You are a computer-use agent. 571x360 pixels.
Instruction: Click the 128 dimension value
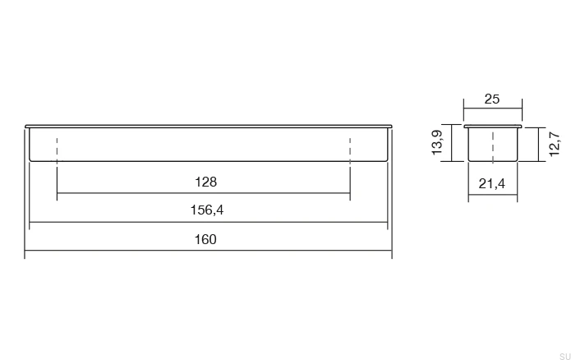tap(205, 182)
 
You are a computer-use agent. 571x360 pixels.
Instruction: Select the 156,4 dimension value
tap(207, 210)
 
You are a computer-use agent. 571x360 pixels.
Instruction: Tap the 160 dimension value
tap(205, 239)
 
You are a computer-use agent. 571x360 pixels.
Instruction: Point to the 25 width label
tap(492, 99)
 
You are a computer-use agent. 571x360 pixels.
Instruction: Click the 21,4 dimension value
tap(491, 183)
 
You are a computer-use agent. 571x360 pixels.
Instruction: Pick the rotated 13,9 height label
tap(436, 142)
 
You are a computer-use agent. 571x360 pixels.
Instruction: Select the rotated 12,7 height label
tap(554, 145)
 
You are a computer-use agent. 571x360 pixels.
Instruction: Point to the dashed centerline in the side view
tap(493, 147)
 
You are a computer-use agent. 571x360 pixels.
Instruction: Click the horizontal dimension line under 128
tap(204, 193)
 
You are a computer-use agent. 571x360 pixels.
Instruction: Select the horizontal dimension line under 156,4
tap(209, 222)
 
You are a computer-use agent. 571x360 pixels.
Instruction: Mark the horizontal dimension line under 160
tap(209, 251)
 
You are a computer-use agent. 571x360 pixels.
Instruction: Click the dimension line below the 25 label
tap(493, 108)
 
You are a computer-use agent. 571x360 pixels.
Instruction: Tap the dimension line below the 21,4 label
tap(493, 195)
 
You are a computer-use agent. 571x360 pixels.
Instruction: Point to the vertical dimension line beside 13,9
tap(452, 143)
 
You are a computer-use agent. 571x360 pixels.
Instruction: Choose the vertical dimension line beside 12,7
tap(539, 145)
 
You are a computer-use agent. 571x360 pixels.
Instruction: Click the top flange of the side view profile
tap(493, 127)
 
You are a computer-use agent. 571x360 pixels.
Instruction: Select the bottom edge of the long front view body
tap(209, 161)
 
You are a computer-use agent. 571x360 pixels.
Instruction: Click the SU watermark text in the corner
tap(565, 357)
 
